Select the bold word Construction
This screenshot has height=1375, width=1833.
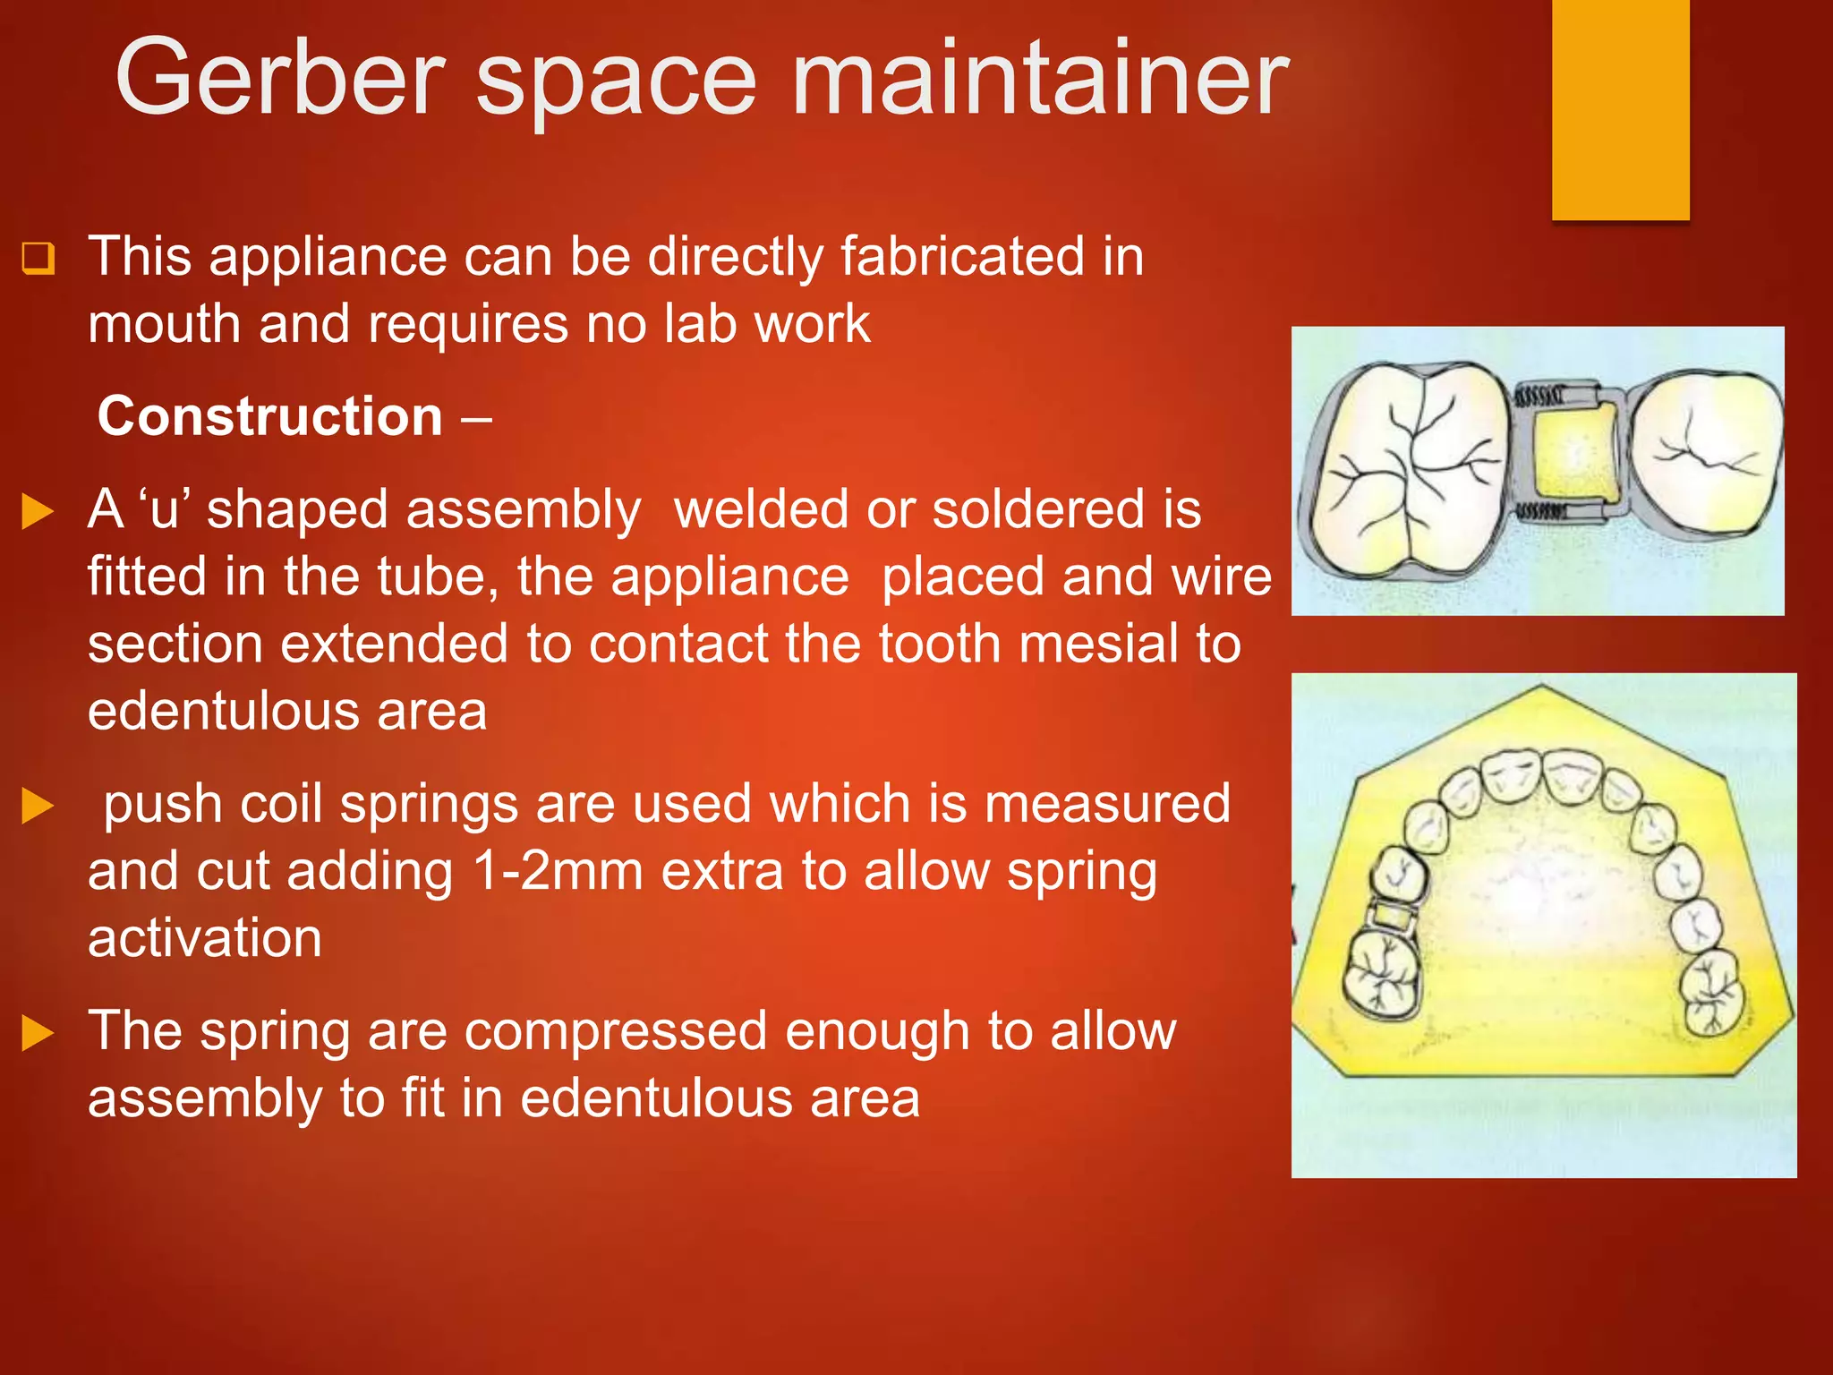click(x=269, y=416)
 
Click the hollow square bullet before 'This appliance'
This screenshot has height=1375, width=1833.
click(x=38, y=258)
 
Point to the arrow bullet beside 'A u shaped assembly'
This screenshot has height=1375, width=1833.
click(x=38, y=512)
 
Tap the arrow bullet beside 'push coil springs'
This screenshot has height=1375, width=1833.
click(x=38, y=806)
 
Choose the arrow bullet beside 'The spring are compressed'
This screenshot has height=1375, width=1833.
click(x=38, y=1033)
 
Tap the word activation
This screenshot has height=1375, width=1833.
click(x=205, y=938)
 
